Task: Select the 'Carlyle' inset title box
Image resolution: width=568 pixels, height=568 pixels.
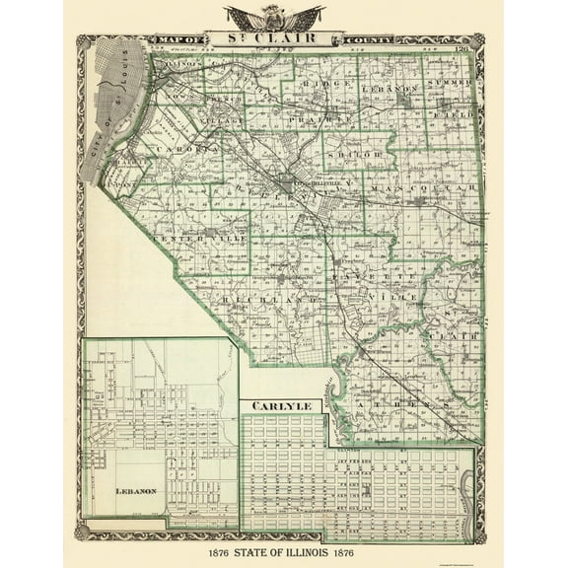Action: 282,405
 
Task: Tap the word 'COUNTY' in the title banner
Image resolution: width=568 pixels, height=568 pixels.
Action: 366,40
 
